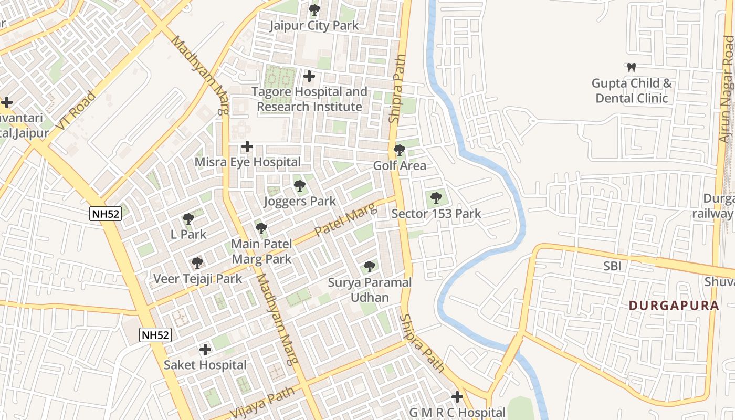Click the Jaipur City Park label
pyautogui.click(x=314, y=26)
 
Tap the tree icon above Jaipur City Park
pyautogui.click(x=314, y=10)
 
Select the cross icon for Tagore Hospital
pyautogui.click(x=309, y=77)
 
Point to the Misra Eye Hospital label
pyautogui.click(x=248, y=162)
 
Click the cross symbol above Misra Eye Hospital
pyautogui.click(x=247, y=146)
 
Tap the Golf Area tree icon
pyautogui.click(x=400, y=150)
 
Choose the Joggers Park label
pyautogui.click(x=300, y=202)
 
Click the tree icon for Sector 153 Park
pyautogui.click(x=436, y=198)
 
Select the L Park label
pyautogui.click(x=189, y=235)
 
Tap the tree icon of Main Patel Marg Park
pyautogui.click(x=261, y=228)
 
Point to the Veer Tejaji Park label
pyautogui.click(x=197, y=279)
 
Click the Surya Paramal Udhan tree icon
pyautogui.click(x=370, y=267)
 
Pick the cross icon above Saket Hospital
pyautogui.click(x=205, y=350)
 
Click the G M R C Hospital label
pyautogui.click(x=457, y=413)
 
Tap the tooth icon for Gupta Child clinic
pyautogui.click(x=632, y=68)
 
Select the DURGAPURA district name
pyautogui.click(x=674, y=306)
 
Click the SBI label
pyautogui.click(x=612, y=266)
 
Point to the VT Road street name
pyautogui.click(x=76, y=111)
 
